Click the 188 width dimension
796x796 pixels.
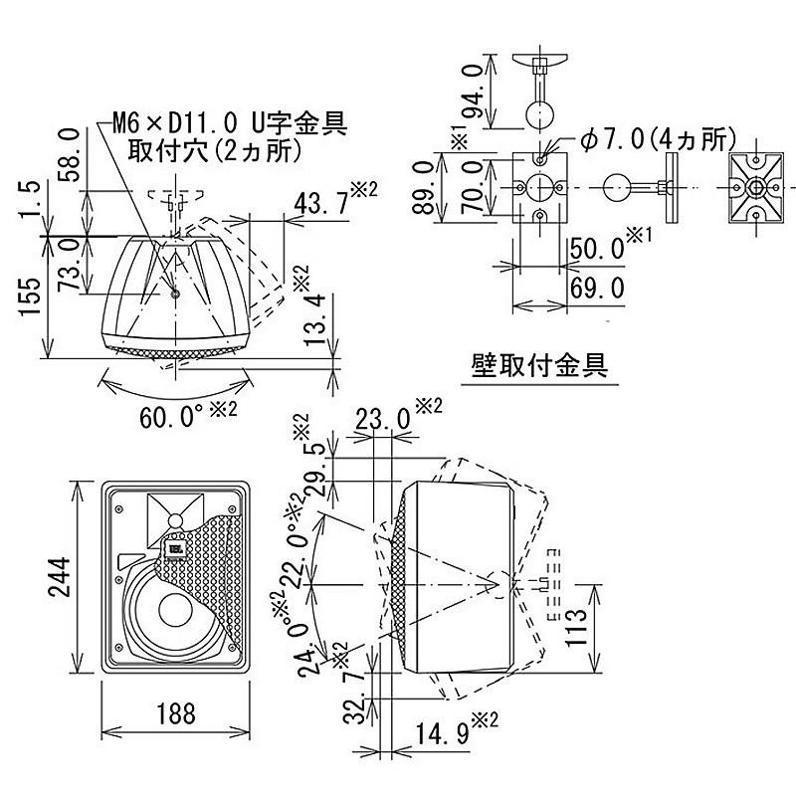click(175, 714)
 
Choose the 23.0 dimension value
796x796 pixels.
click(382, 420)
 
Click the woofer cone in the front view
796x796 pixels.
click(171, 614)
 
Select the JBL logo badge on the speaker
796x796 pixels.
click(175, 545)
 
